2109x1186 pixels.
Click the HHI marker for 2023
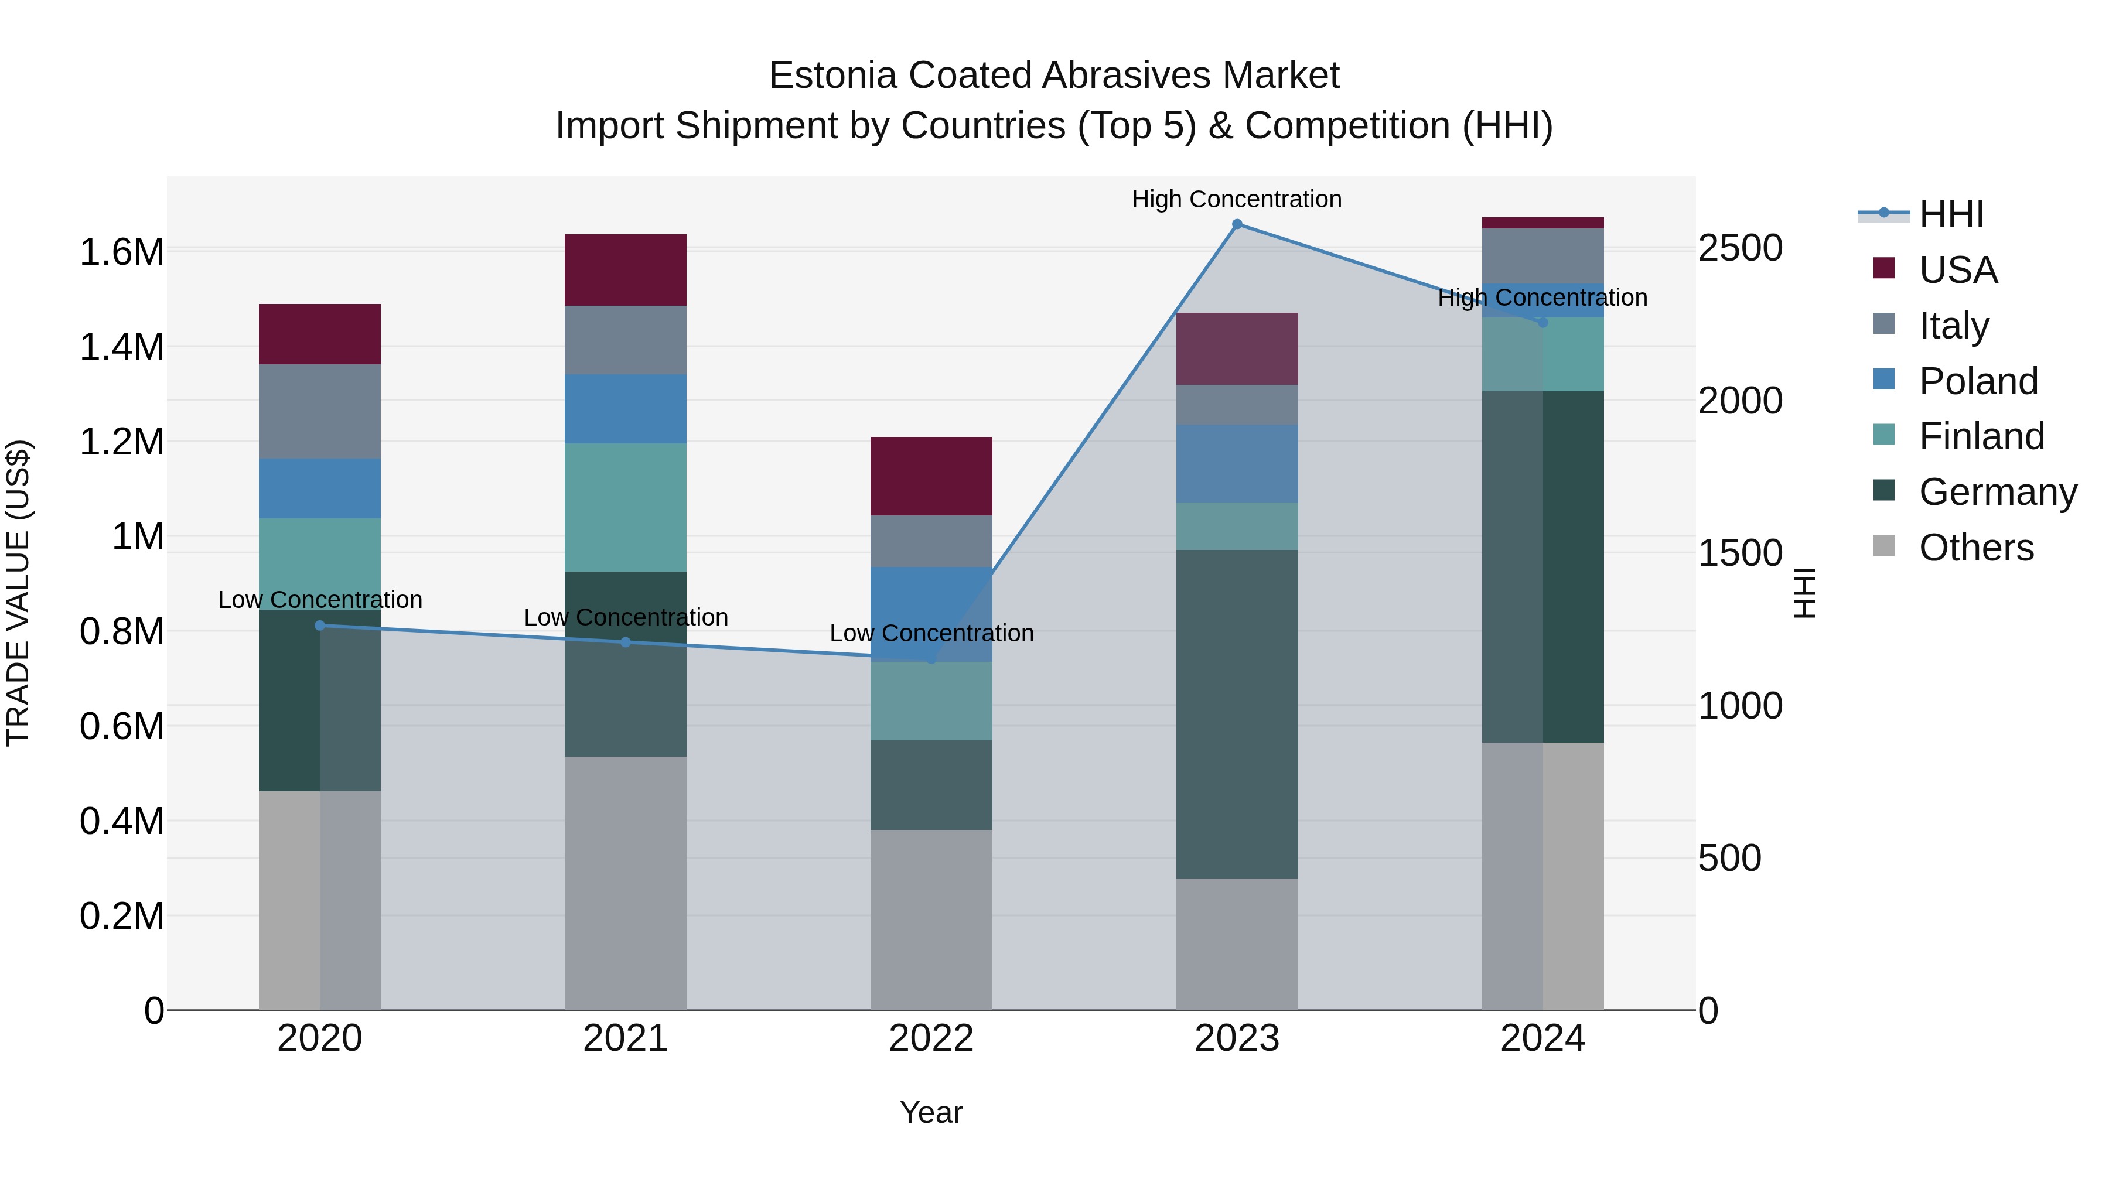[1237, 224]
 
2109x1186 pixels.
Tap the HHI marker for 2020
[320, 626]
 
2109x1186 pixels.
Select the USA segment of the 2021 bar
[626, 270]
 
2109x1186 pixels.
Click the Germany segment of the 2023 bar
[1237, 714]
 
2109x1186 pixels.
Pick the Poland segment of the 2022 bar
[931, 614]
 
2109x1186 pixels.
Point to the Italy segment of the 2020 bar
[320, 411]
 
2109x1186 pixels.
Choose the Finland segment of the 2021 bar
[626, 507]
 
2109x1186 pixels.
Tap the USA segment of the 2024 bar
[1542, 223]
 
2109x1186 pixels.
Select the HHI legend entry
[1950, 214]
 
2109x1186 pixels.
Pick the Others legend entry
[1975, 548]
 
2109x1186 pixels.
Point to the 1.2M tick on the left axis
[121, 442]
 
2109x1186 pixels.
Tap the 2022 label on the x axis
[931, 1038]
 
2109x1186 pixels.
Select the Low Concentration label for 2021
[626, 617]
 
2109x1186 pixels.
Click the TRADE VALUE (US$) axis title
[18, 593]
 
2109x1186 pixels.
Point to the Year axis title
[931, 1112]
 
